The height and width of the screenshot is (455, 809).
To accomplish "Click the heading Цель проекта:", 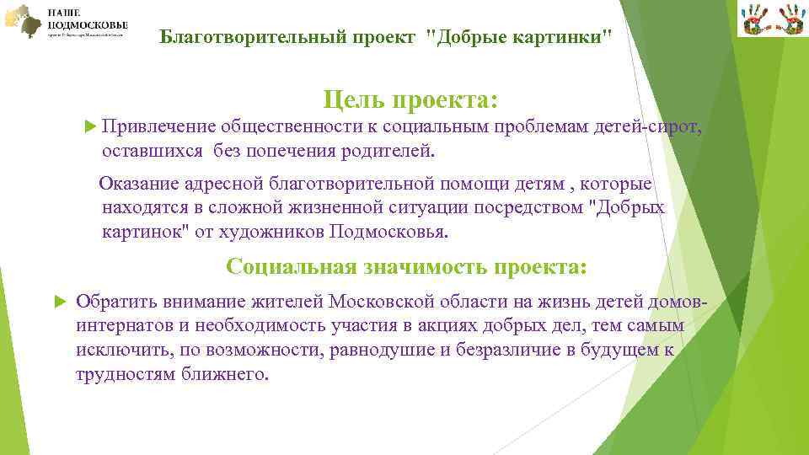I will [x=410, y=101].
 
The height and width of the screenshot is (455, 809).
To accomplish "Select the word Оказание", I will [x=139, y=184].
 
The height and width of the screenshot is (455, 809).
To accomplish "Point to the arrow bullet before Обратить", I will [x=59, y=302].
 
